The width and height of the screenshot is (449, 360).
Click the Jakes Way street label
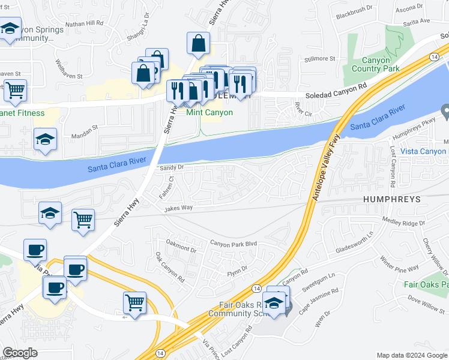(179, 208)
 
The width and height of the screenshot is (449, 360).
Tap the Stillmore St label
(319, 59)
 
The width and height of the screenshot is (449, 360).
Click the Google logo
(20, 353)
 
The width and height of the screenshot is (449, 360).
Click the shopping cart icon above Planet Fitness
(15, 90)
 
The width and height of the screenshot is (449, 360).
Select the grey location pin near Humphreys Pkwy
(445, 111)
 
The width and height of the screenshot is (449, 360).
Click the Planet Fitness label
(22, 113)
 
